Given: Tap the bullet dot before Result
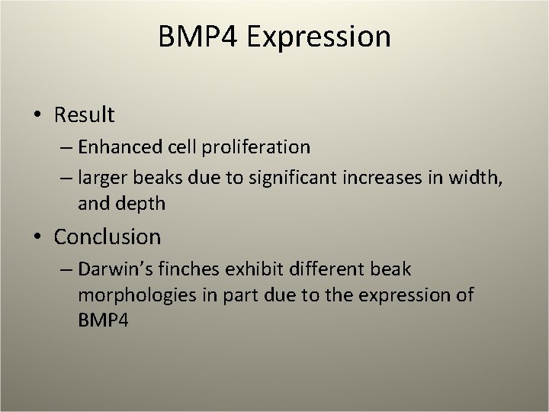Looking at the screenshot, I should point(38,115).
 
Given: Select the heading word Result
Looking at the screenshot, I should point(84,115).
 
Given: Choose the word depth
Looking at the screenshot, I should point(140,204).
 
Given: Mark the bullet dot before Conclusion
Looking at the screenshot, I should point(38,237).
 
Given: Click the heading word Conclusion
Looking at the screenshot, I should point(107,237).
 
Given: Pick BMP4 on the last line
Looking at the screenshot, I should point(103,320).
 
